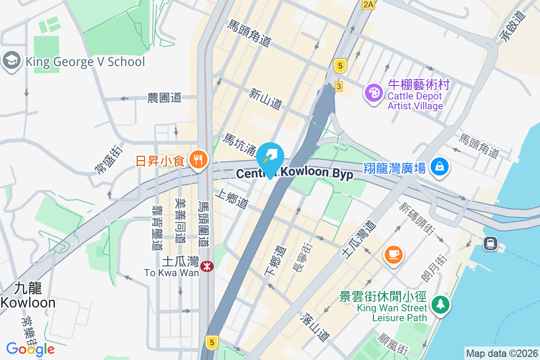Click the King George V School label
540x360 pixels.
pos(85,62)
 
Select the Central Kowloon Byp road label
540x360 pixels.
pos(295,174)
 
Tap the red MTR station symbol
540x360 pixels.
pos(207,266)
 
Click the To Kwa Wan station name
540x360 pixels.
pos(171,272)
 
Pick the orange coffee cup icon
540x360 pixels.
pos(394,254)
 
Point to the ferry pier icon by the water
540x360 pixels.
pos(490,243)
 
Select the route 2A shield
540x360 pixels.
pos(368,4)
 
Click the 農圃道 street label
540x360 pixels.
pos(164,97)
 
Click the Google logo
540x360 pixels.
pos(31,349)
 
